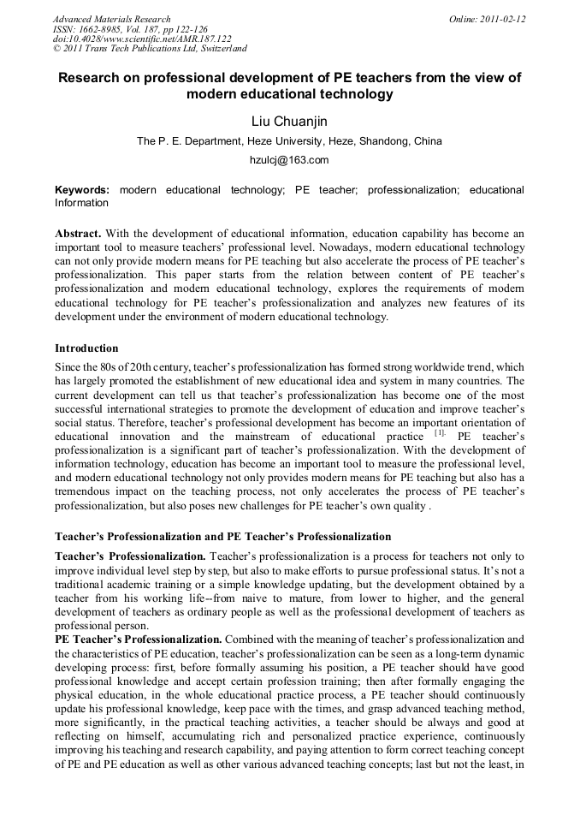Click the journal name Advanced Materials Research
(112, 19)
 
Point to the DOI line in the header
(142, 39)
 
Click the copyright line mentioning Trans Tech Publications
(150, 50)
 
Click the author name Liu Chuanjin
(289, 122)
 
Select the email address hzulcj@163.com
(289, 160)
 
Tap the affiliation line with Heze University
(289, 141)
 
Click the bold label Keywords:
(82, 189)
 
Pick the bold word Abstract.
(80, 234)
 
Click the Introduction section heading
(86, 348)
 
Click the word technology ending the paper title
(353, 94)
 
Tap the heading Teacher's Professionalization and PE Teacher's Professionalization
(222, 537)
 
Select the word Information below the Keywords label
(82, 203)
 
